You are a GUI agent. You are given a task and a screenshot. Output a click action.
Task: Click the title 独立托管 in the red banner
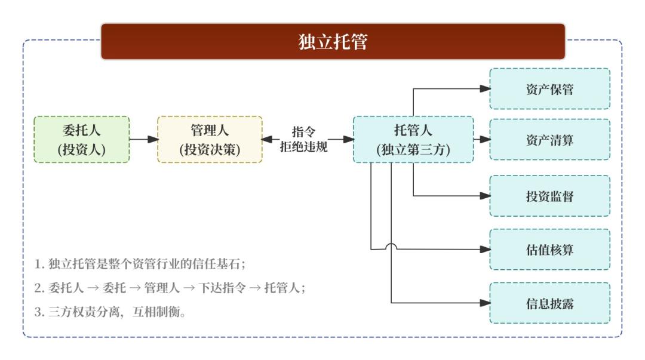point(333,42)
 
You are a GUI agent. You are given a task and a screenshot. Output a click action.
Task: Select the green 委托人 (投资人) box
point(82,140)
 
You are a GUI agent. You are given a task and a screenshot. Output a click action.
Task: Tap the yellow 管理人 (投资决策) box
point(210,140)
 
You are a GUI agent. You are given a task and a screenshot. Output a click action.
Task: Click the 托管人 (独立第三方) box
point(413,140)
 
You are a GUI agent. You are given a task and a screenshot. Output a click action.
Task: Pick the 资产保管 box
point(549,89)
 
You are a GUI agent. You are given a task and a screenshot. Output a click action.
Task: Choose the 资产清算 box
point(549,140)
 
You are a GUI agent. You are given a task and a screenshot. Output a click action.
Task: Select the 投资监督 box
point(549,196)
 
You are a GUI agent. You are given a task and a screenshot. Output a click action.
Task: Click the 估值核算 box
point(549,250)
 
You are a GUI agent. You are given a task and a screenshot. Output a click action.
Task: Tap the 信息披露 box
point(549,303)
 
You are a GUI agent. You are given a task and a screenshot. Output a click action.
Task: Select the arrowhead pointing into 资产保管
point(485,89)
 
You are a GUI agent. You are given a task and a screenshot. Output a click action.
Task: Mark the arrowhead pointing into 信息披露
point(485,303)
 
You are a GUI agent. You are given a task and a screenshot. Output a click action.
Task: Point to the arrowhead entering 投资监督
point(485,196)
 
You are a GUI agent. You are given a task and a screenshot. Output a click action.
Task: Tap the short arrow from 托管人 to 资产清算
point(481,140)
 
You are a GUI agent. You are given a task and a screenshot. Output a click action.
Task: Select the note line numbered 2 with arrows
point(170,288)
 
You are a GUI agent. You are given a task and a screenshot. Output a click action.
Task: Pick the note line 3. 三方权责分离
point(110,312)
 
